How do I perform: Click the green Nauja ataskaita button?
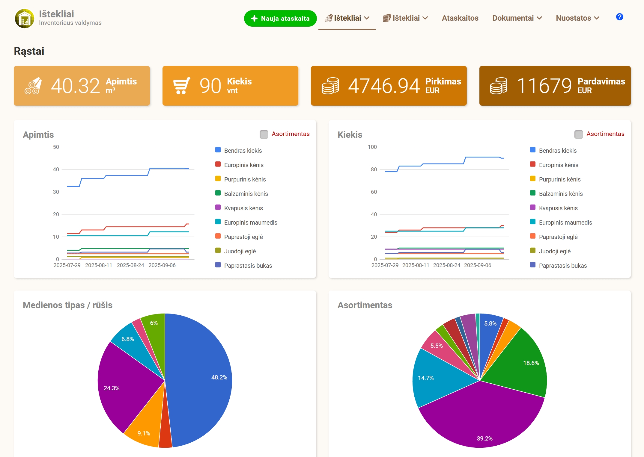point(280,18)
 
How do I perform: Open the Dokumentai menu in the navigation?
point(517,18)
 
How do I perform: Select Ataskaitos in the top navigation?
point(460,18)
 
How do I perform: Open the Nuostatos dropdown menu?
point(578,18)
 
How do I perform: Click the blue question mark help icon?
point(619,17)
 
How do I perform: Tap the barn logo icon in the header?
point(25,19)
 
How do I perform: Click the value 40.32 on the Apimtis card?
point(75,86)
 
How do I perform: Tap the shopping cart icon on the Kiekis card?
point(182,86)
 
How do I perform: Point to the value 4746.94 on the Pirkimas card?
point(384,86)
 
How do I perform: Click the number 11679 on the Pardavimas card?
point(544,86)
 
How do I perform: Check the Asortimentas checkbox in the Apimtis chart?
point(264,134)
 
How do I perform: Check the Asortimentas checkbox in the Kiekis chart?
point(579,134)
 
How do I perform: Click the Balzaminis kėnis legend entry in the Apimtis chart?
point(242,193)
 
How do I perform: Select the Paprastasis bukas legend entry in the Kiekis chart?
point(558,265)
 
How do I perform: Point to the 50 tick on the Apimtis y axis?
point(56,147)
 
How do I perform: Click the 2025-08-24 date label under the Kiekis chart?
point(446,265)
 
